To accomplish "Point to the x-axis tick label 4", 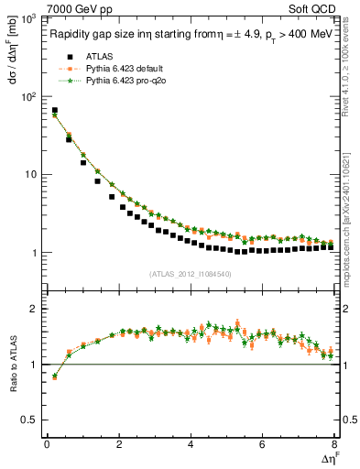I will pyautogui.click(x=191, y=445).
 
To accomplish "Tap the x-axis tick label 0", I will pyautogui.click(x=47, y=445).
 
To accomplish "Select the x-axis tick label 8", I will pyautogui.click(x=334, y=445).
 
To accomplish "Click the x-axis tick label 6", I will pyautogui.click(x=263, y=445).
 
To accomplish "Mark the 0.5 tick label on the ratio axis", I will pyautogui.click(x=29, y=420).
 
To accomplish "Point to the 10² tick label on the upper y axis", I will pyautogui.click(x=30, y=95).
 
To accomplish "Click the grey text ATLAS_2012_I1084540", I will pyautogui.click(x=190, y=273).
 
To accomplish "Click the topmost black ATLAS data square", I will pyautogui.click(x=55, y=111).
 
